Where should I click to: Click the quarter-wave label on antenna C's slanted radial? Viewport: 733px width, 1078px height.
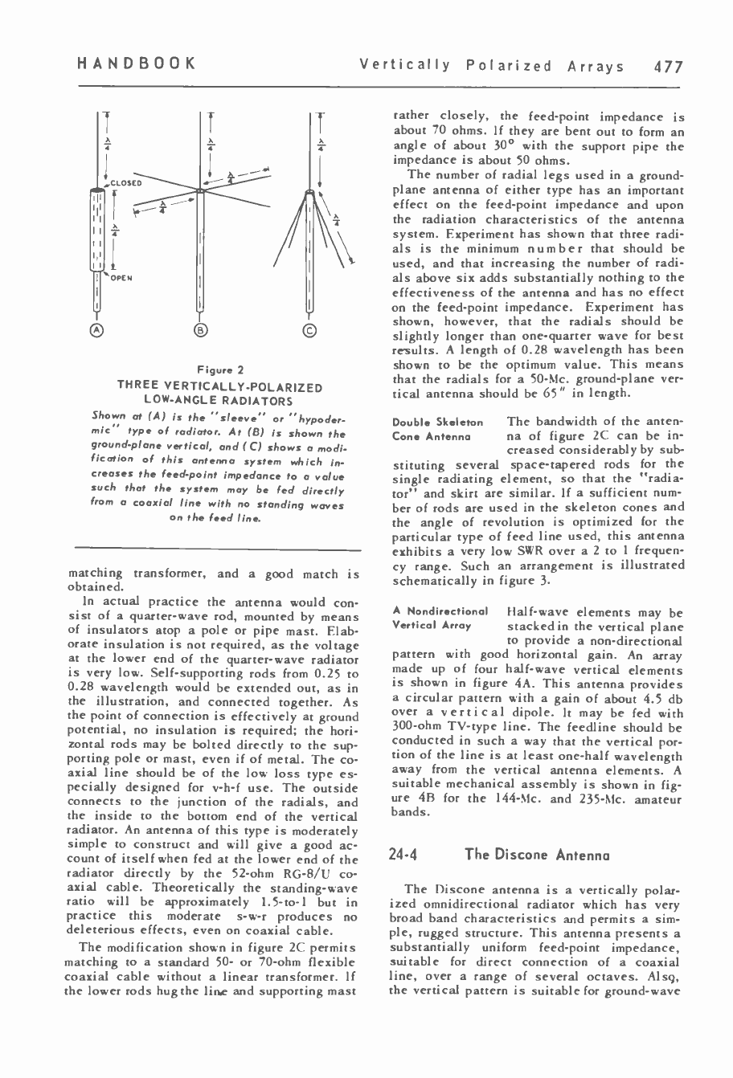click(337, 219)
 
